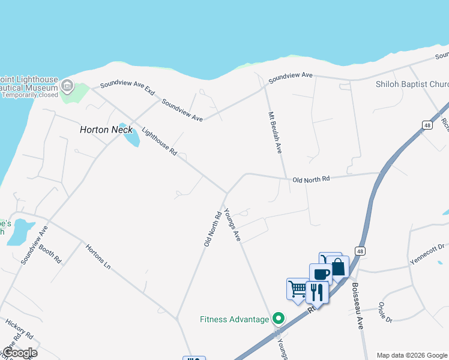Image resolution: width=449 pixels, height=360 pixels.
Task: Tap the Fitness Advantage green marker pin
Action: (278, 319)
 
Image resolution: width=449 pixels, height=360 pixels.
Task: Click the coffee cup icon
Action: (321, 274)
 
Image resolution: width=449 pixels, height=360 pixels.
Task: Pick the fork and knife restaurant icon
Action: (317, 292)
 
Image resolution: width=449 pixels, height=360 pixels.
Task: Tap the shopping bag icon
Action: (338, 267)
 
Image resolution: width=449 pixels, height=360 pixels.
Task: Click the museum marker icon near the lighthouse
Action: (67, 87)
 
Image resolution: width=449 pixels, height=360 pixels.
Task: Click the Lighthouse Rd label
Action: (159, 142)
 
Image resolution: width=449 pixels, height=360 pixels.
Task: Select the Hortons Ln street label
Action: (98, 256)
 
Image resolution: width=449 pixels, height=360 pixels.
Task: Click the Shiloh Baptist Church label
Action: (412, 85)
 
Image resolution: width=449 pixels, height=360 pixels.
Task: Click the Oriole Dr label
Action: (385, 311)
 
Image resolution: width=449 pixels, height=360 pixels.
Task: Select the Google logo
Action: (19, 352)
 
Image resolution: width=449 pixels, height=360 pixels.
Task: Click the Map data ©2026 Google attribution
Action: (412, 355)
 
